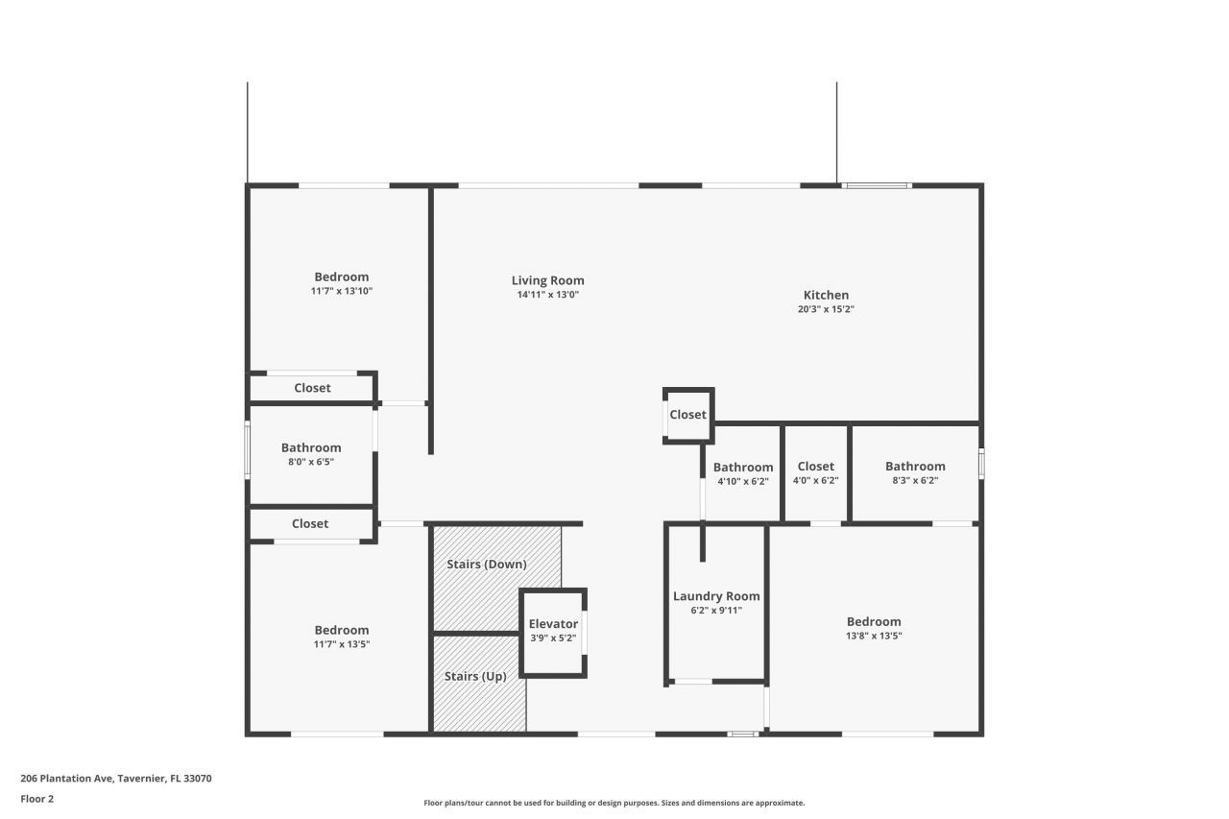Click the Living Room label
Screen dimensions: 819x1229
[x=547, y=280]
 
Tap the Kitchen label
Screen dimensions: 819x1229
[x=826, y=295]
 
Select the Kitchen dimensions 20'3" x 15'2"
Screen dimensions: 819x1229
[x=826, y=309]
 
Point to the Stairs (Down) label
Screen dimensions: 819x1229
[x=486, y=564]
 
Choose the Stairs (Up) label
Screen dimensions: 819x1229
[x=475, y=676]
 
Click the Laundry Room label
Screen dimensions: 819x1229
[x=716, y=595]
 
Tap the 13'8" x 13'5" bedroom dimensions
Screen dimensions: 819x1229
[x=874, y=636]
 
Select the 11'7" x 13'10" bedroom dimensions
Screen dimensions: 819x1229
[x=341, y=290]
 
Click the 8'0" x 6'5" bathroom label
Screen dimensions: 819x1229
[x=311, y=447]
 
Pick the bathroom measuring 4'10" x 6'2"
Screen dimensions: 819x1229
[x=743, y=468]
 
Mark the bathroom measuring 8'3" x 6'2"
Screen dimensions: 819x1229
[x=915, y=467]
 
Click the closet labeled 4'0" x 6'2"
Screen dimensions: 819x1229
[x=815, y=467]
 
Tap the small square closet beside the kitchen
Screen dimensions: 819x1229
[x=687, y=415]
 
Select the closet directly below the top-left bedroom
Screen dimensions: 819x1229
[x=312, y=388]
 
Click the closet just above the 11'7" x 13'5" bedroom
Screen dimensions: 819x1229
[x=310, y=523]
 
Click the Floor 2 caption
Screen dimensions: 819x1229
[x=37, y=798]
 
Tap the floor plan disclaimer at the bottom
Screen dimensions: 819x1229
[x=614, y=803]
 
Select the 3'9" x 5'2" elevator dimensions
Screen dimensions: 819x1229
[x=553, y=638]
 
